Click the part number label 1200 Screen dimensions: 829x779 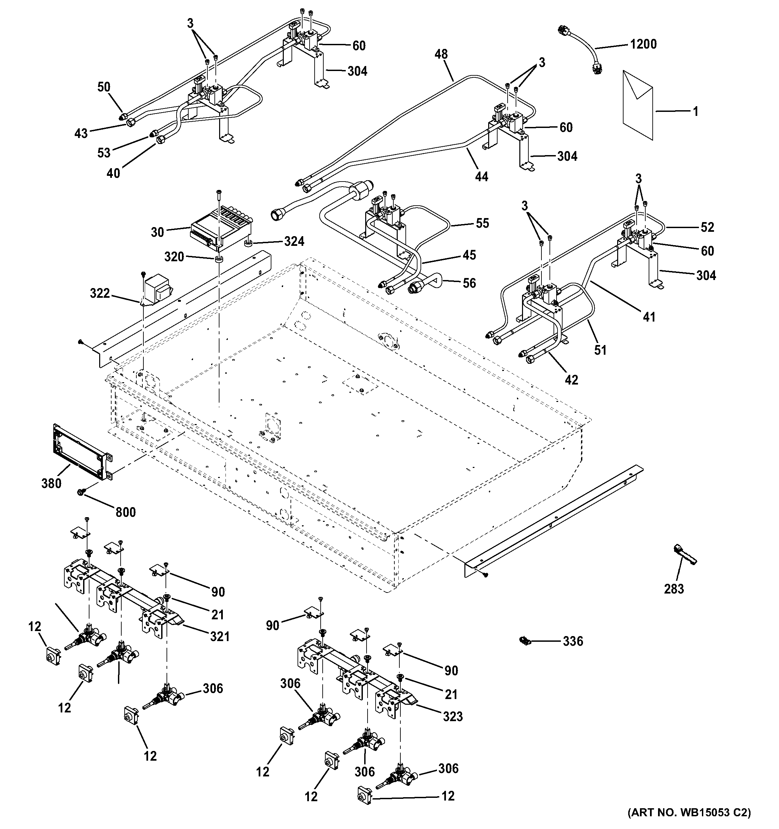point(643,44)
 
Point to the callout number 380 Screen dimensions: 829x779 point(51,484)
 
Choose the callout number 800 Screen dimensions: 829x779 point(126,512)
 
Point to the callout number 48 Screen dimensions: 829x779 point(441,54)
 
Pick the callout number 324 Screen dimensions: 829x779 point(295,241)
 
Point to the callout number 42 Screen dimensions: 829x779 point(571,380)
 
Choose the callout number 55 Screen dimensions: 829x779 point(482,223)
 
